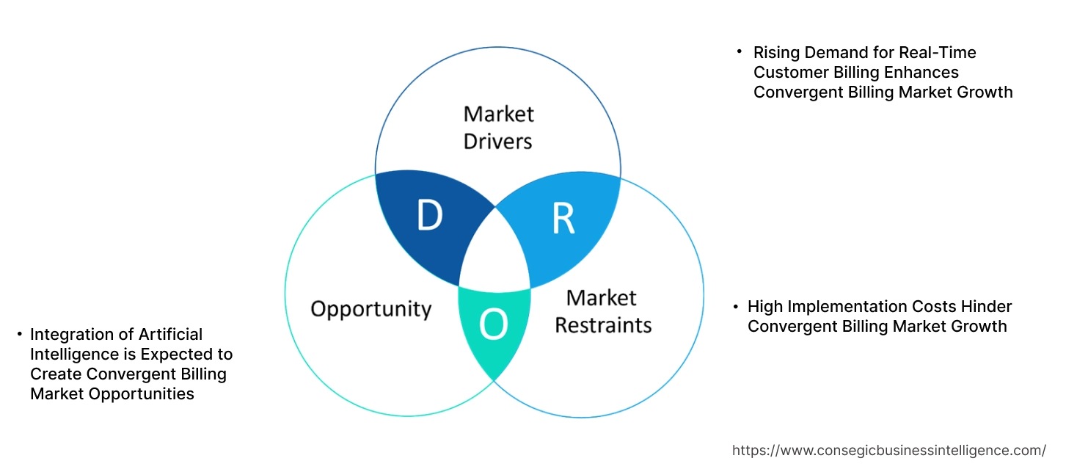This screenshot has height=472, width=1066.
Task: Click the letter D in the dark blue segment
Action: pyautogui.click(x=430, y=216)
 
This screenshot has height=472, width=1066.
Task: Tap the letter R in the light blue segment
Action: pyautogui.click(x=563, y=218)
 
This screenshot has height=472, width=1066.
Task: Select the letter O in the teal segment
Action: pyautogui.click(x=493, y=324)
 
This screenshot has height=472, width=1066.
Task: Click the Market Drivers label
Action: pyautogui.click(x=498, y=127)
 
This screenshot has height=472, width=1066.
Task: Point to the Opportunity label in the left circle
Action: pyautogui.click(x=370, y=308)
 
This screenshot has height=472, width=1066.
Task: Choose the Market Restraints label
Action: pyautogui.click(x=602, y=311)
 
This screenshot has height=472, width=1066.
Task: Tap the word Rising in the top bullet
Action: pyautogui.click(x=776, y=53)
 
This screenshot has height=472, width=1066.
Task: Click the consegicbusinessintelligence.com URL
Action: pyautogui.click(x=889, y=450)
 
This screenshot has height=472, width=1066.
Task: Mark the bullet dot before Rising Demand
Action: pyautogui.click(x=740, y=52)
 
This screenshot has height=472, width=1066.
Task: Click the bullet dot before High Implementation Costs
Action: pyautogui.click(x=734, y=307)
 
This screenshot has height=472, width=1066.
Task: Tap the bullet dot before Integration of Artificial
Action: pyautogui.click(x=19, y=335)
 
